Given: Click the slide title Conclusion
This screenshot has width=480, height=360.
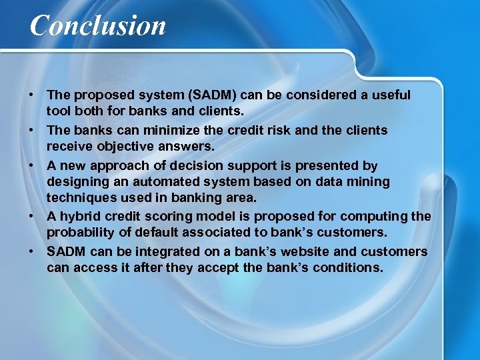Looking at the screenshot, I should (98, 26).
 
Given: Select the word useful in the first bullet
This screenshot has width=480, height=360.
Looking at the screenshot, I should (391, 95).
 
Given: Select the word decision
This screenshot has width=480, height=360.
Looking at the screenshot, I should (203, 165).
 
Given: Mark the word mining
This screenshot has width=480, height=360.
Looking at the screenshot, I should (370, 181).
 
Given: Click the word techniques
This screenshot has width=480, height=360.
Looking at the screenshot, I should (79, 197).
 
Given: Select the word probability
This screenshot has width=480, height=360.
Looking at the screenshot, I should (80, 233).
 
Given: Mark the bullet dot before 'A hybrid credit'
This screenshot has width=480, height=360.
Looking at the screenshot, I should (32, 217).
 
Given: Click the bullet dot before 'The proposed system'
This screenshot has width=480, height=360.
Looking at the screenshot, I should (32, 95).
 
